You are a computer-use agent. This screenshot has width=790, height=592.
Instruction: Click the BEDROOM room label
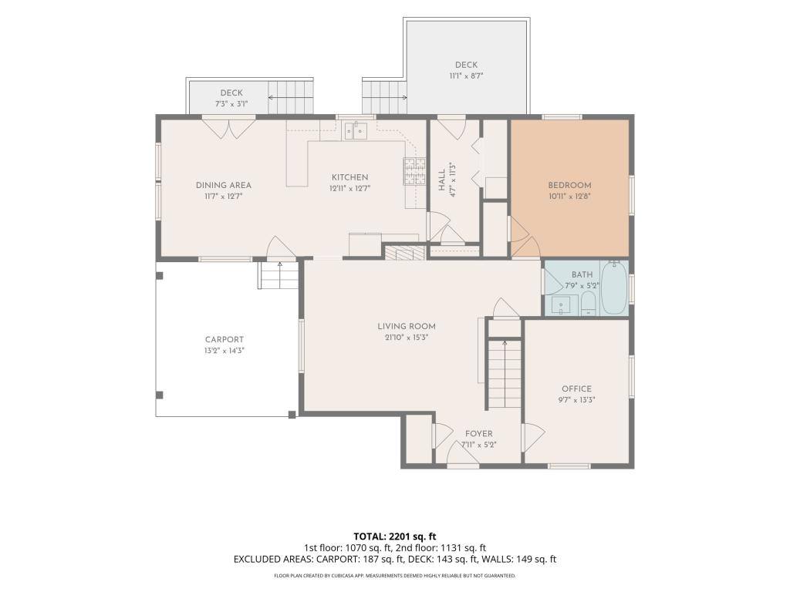569,185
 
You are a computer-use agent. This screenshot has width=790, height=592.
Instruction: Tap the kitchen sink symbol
356,129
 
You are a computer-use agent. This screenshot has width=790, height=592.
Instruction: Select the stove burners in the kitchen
414,171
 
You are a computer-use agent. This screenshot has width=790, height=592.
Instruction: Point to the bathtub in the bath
614,288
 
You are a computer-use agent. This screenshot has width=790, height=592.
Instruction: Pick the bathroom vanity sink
560,304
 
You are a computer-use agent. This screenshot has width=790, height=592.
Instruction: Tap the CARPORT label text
225,340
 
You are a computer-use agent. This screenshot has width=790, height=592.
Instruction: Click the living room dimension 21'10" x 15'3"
406,338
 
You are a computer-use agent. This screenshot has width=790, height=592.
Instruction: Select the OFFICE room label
576,388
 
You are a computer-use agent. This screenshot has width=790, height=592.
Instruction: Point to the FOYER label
478,433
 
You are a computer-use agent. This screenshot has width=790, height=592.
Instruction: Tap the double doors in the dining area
229,128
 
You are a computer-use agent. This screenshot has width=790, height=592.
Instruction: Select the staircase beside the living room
505,374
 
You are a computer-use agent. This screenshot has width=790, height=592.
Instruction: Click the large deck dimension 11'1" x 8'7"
466,76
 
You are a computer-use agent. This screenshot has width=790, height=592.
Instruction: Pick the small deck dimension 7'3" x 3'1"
231,104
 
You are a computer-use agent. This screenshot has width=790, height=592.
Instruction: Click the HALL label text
442,180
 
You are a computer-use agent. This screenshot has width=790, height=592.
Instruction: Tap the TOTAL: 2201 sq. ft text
394,536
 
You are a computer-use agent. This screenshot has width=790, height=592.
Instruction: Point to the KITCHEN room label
349,177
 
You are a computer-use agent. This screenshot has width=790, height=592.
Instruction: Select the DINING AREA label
223,185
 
